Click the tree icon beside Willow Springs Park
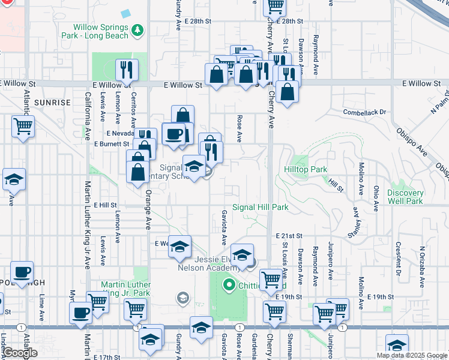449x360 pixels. (138, 29)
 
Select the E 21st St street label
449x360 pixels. (288, 236)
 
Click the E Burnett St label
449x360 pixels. (112, 144)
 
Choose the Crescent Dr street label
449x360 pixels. (398, 255)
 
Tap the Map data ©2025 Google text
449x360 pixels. (411, 355)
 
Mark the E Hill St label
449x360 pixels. (105, 205)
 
